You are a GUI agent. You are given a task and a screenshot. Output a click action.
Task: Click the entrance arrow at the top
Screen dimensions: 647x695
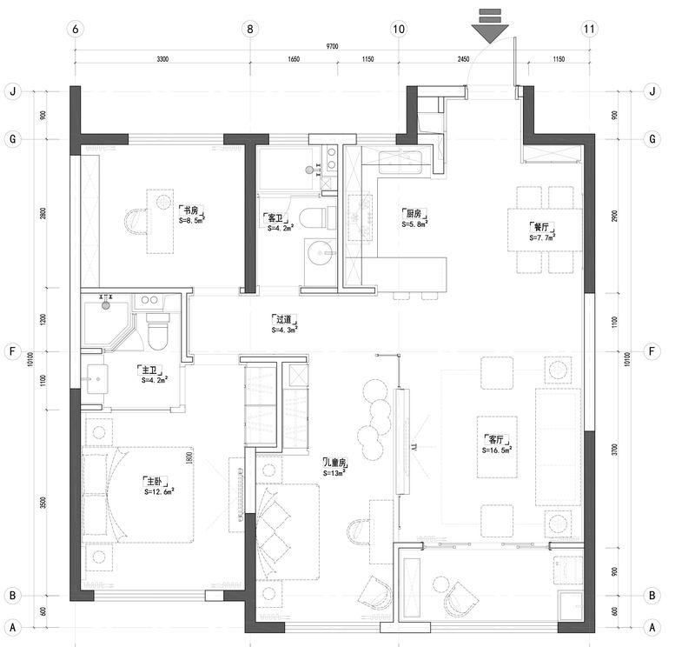click(x=491, y=30)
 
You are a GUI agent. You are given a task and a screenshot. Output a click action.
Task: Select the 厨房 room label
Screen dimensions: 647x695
click(x=412, y=212)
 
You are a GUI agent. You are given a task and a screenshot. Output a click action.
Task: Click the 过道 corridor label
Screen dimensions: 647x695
click(x=285, y=319)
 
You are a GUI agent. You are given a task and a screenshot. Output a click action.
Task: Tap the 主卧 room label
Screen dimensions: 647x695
click(x=154, y=481)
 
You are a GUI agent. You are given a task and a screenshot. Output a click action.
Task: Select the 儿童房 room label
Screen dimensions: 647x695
click(x=335, y=463)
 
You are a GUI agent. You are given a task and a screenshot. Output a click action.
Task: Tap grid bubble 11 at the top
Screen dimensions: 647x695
click(x=590, y=29)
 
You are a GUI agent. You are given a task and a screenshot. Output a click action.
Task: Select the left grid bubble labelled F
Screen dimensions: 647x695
click(x=12, y=352)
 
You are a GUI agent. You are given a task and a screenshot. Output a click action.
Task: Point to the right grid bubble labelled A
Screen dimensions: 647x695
click(x=652, y=626)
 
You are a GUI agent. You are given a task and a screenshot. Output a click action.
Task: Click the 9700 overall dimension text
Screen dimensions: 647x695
click(x=331, y=45)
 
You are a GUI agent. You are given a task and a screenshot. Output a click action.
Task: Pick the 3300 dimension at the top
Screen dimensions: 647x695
click(x=162, y=60)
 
